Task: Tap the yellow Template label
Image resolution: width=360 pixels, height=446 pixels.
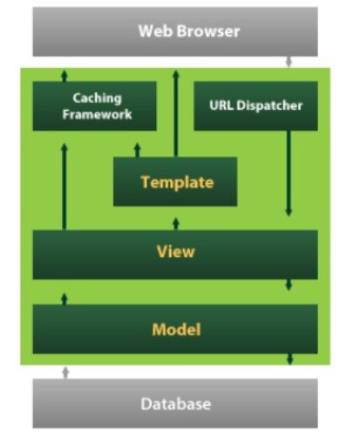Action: (x=176, y=182)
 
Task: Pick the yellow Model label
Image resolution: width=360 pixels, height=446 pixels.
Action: (x=176, y=329)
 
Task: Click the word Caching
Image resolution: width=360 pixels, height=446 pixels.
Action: (x=98, y=98)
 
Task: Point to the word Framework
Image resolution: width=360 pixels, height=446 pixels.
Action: (x=98, y=114)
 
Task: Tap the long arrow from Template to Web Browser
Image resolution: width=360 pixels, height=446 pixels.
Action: (x=175, y=113)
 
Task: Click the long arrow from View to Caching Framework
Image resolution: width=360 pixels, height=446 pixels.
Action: (x=64, y=186)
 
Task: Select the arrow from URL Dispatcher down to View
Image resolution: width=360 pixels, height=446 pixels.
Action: (x=289, y=174)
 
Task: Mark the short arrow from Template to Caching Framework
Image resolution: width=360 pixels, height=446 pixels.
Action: (x=137, y=150)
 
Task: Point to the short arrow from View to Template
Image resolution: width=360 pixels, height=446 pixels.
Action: (x=175, y=224)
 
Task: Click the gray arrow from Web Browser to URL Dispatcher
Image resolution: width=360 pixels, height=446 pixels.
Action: (x=289, y=64)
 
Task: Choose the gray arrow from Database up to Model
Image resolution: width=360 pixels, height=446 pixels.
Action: (x=64, y=373)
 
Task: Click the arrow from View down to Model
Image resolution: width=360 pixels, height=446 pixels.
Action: (x=289, y=285)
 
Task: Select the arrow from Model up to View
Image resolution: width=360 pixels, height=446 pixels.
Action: (x=64, y=299)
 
